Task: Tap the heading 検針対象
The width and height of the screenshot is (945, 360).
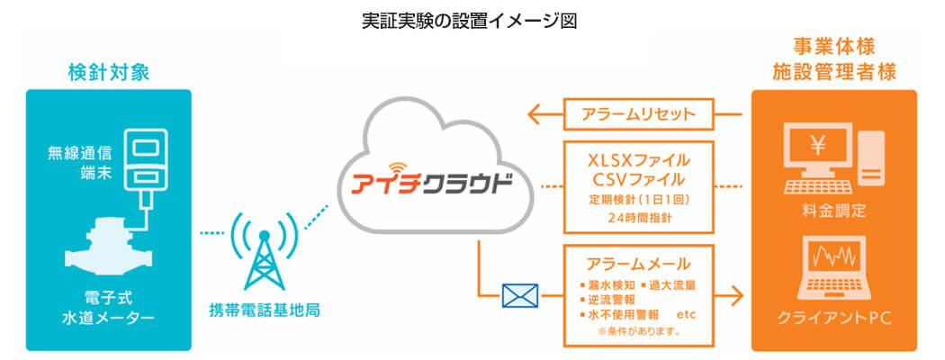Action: (109, 72)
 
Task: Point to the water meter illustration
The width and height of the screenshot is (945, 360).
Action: (109, 253)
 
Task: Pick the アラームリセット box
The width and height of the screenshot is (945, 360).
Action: (639, 114)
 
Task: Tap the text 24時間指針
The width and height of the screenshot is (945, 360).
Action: (639, 217)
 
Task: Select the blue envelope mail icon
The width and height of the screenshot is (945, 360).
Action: (520, 294)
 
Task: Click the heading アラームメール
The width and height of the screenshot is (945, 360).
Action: (639, 264)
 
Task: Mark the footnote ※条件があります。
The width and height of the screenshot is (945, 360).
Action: (639, 331)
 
